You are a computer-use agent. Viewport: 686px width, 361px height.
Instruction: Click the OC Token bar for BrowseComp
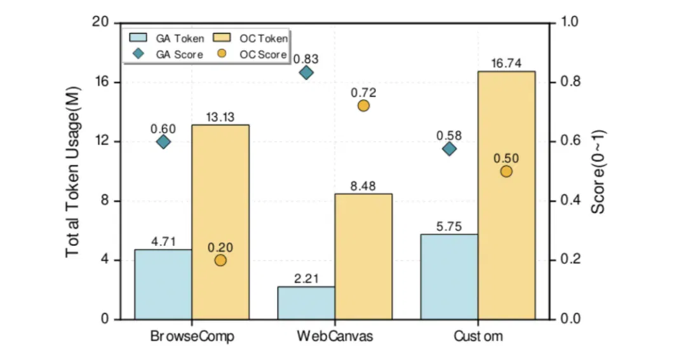click(x=220, y=222)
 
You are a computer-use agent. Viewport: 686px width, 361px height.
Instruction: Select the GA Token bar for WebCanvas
click(x=306, y=303)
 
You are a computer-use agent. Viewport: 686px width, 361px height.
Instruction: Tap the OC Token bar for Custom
click(x=507, y=195)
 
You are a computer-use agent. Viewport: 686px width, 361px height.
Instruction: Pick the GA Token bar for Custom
click(x=449, y=276)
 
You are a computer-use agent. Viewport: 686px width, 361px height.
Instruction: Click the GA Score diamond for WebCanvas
click(x=306, y=72)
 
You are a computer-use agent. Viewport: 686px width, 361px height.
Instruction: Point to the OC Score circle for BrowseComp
click(x=220, y=261)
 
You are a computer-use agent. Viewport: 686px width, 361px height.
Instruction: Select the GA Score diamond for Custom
click(x=449, y=149)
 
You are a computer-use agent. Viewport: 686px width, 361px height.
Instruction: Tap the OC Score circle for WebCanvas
click(x=363, y=106)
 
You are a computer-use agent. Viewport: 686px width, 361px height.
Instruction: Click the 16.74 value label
click(x=506, y=64)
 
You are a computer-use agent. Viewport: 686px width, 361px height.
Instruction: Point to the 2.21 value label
click(x=306, y=279)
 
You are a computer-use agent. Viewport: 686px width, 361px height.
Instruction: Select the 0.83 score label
click(x=306, y=58)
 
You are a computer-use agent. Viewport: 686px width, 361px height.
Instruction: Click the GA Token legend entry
click(x=166, y=39)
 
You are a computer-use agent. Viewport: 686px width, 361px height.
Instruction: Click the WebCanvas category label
click(x=335, y=336)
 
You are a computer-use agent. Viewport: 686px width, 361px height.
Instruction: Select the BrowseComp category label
click(x=192, y=336)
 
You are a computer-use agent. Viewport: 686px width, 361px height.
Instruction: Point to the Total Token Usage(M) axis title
click(x=72, y=172)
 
